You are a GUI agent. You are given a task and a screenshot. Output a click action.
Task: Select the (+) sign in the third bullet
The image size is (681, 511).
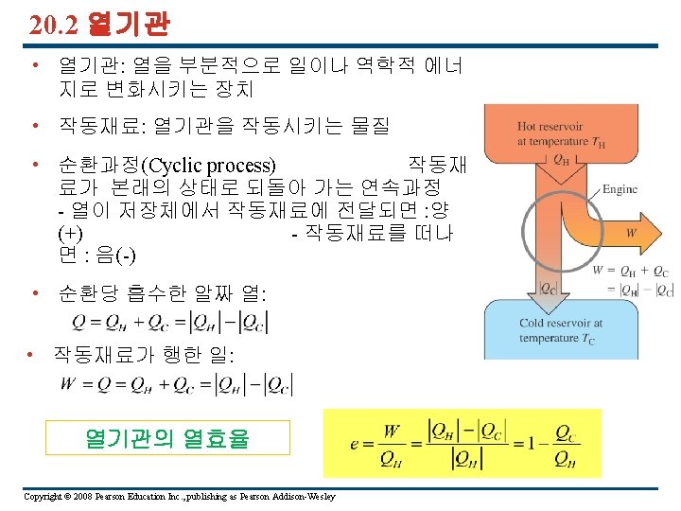[x=69, y=233]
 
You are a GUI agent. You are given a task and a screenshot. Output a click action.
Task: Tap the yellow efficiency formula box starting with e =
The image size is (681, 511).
[x=462, y=443]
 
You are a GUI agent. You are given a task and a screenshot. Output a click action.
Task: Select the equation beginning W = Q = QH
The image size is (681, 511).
[x=176, y=384]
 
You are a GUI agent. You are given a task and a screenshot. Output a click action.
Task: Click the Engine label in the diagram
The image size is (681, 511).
[x=620, y=188]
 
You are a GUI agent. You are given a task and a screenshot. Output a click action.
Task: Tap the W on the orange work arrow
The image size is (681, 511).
[x=631, y=232]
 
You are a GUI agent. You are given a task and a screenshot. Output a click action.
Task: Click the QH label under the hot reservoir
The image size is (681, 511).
[x=561, y=158]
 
